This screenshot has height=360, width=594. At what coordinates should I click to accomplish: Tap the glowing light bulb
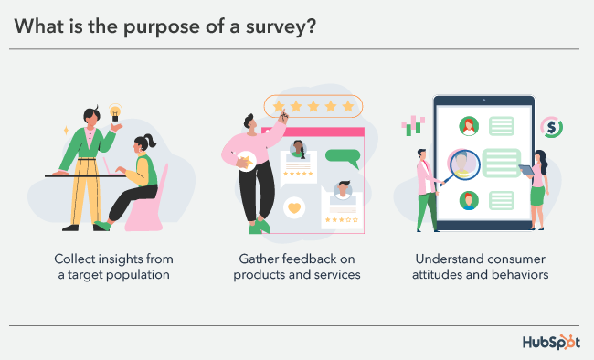[x=116, y=113]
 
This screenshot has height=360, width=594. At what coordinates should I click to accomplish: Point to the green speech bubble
[x=344, y=155]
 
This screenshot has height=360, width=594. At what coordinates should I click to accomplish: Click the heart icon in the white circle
[x=294, y=207]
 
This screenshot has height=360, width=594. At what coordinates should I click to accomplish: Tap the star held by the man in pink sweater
[x=248, y=163]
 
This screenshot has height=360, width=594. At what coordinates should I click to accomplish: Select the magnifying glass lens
[x=464, y=166]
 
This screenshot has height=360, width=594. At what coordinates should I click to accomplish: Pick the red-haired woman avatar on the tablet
[x=469, y=126]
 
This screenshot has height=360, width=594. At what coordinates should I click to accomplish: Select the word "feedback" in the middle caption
[x=310, y=259]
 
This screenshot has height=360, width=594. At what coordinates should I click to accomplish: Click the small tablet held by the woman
[x=527, y=170]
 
